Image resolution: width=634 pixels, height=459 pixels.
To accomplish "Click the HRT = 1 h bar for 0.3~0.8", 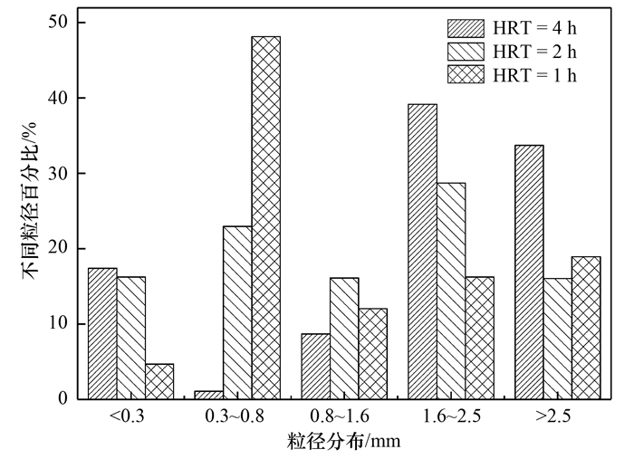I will [265, 217].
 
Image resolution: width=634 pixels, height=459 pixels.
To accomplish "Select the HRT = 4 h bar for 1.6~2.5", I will [422, 252].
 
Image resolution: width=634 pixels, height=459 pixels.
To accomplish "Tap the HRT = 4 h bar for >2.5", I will [529, 272].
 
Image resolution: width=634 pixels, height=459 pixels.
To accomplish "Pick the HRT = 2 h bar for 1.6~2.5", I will [451, 291].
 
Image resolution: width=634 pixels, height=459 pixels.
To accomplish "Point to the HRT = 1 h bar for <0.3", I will [159, 381].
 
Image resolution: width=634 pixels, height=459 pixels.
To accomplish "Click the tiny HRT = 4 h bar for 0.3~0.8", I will [208, 395].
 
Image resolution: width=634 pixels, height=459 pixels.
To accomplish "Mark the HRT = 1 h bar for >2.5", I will [586, 328].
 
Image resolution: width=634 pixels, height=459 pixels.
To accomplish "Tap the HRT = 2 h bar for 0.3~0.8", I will [237, 312].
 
